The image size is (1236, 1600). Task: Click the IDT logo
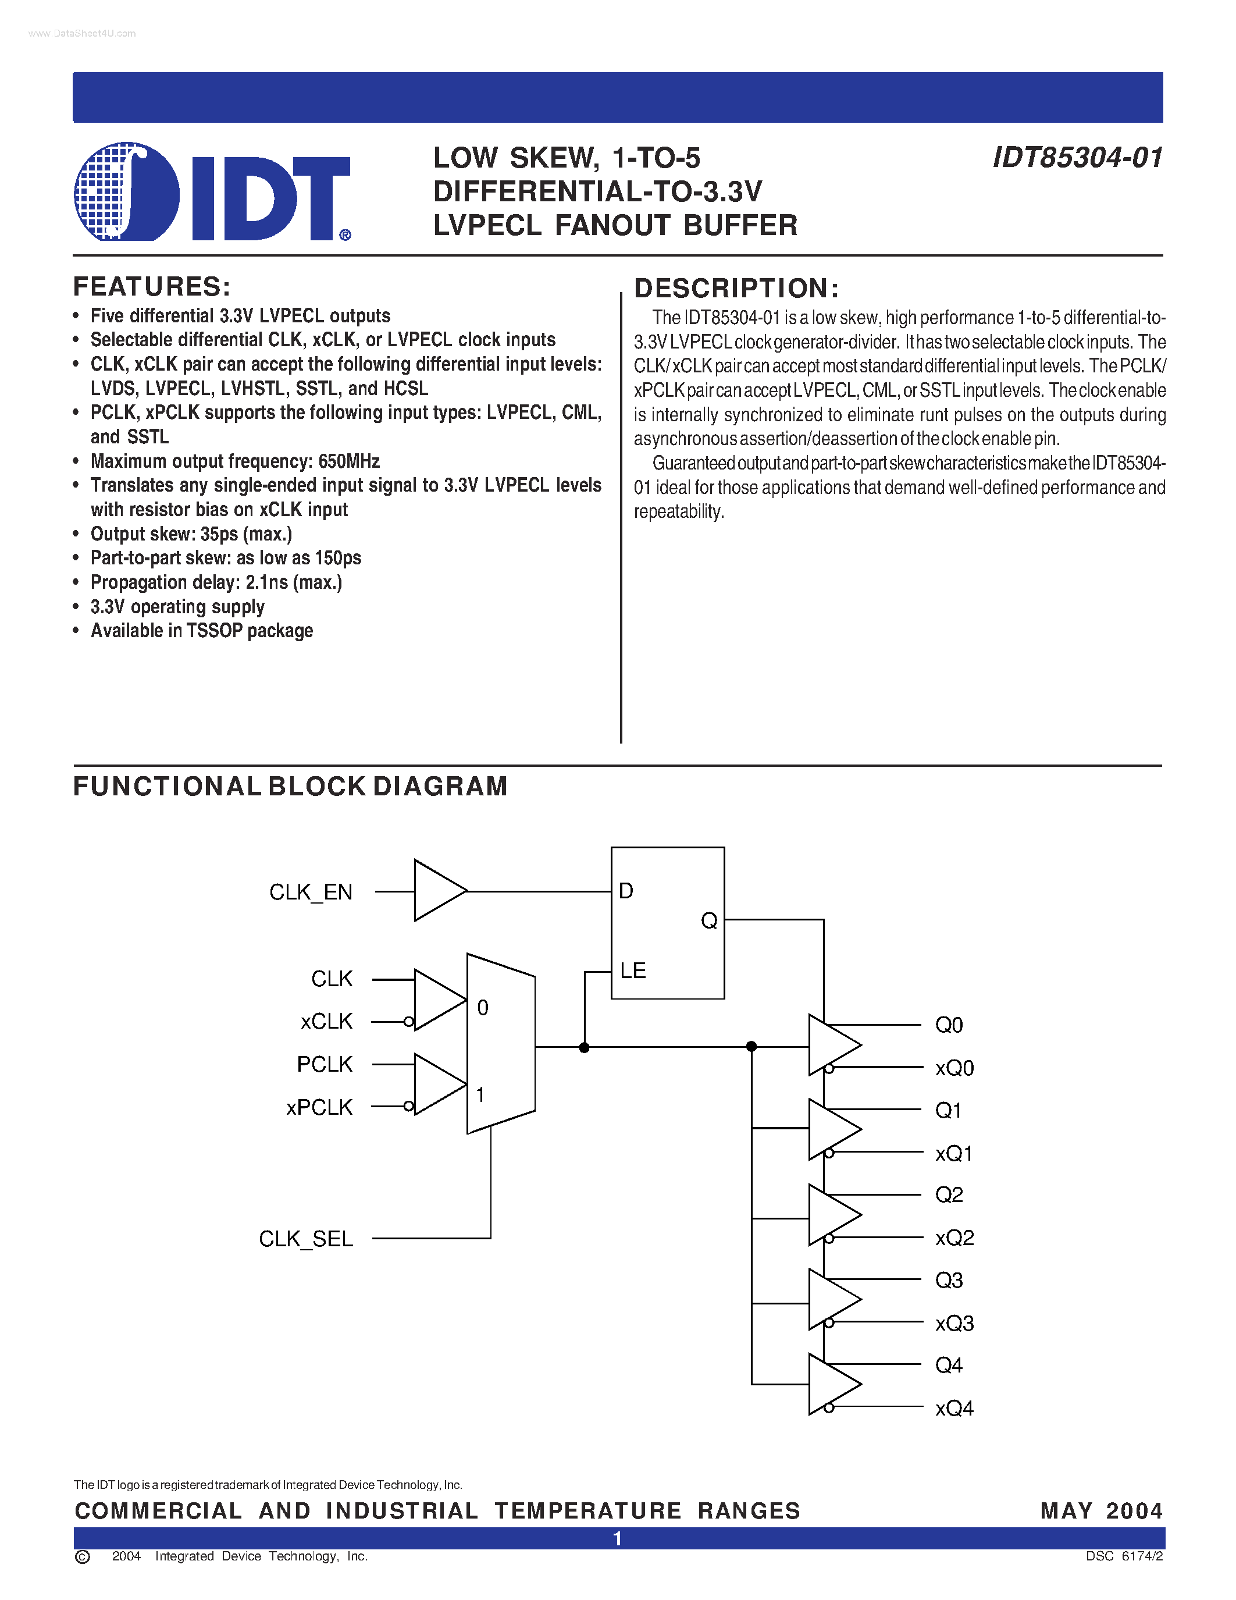(212, 192)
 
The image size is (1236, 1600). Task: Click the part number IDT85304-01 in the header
(1077, 158)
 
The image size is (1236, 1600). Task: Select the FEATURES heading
(152, 286)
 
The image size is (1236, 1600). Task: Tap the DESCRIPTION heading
(736, 289)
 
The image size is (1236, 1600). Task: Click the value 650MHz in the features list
(348, 461)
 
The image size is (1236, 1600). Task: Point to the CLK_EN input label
(311, 893)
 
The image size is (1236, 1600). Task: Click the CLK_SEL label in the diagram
(305, 1239)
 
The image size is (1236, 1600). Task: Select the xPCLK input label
(319, 1107)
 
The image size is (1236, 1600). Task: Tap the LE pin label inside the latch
(633, 970)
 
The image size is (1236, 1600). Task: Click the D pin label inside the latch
(626, 891)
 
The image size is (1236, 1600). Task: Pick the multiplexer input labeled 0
(483, 1008)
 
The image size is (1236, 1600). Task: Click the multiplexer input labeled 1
(480, 1094)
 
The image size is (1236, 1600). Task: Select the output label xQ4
(954, 1409)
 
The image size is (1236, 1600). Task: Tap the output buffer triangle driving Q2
(831, 1215)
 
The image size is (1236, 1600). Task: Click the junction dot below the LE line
(583, 1048)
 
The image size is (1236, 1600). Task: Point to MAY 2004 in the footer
(1100, 1510)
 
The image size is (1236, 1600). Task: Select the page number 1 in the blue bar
(617, 1538)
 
